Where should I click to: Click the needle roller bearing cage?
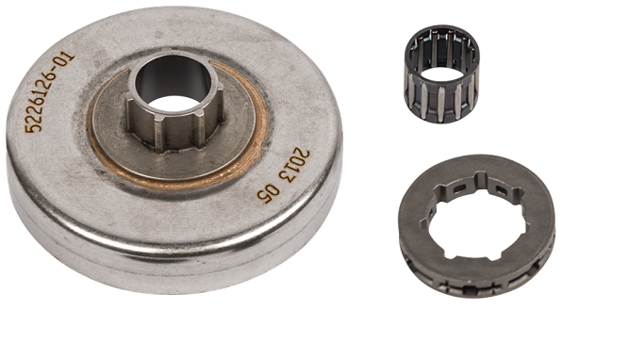click(x=441, y=74)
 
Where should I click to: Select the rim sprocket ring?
click(x=476, y=225)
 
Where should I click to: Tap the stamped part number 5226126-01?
click(x=50, y=91)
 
